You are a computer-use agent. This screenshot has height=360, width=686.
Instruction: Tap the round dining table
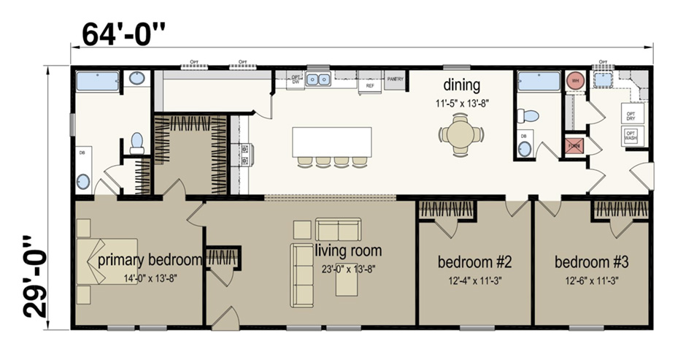coord(460,135)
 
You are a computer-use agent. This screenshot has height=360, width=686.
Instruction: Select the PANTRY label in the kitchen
coord(395,79)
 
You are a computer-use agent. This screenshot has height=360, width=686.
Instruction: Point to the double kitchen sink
coord(318,79)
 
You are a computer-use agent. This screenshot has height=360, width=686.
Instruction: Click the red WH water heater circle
coord(574,80)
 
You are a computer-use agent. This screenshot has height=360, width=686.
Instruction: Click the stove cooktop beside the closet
coord(242,154)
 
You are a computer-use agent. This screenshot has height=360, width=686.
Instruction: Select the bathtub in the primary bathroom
coord(98,81)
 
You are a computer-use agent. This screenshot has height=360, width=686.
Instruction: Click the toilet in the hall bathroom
coord(528,115)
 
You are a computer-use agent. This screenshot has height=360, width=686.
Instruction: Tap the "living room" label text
coord(348,250)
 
